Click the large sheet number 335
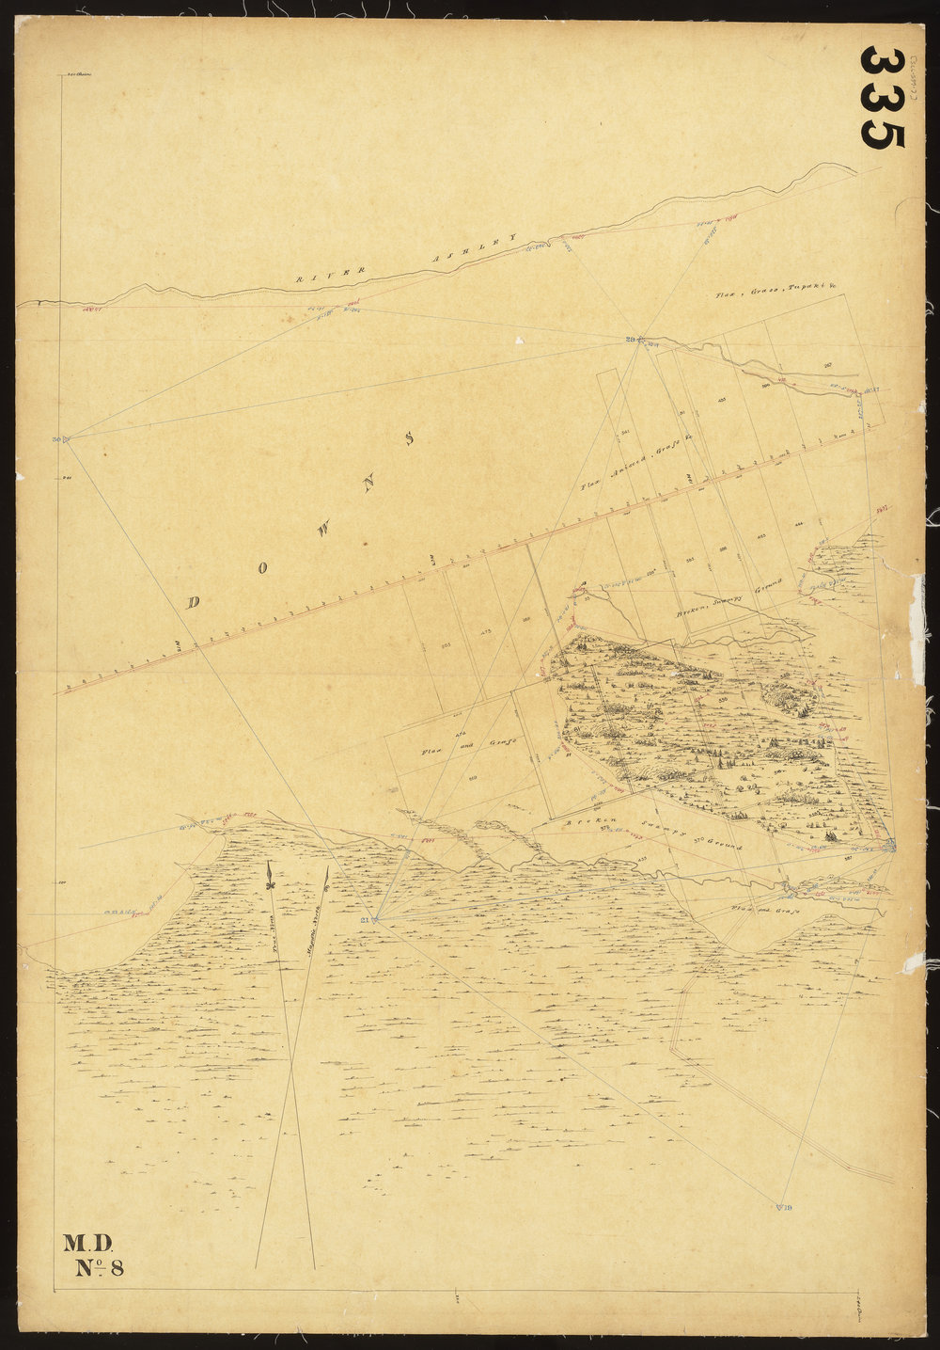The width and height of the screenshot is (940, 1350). point(882,97)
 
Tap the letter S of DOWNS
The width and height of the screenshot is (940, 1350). point(408,438)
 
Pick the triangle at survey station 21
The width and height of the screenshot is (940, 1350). point(375,919)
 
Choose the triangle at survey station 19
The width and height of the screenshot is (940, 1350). point(779,1206)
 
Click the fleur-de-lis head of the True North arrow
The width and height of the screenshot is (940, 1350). point(269,877)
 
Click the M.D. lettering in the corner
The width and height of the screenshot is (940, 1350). point(87,1244)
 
